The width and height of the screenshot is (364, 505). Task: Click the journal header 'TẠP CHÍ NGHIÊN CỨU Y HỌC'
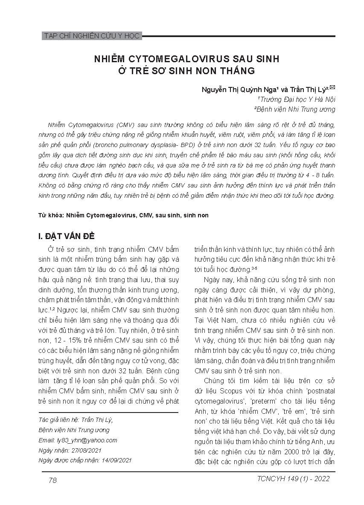92,36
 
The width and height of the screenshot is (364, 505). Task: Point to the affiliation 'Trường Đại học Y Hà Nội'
297,99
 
